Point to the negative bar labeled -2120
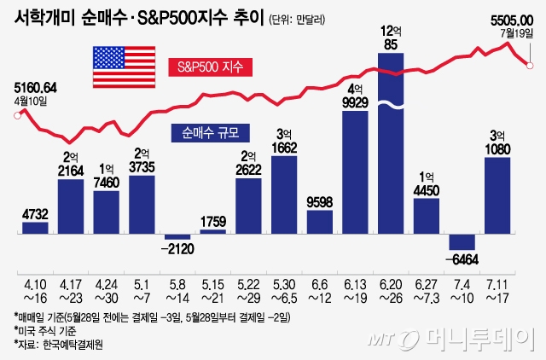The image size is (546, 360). pyautogui.click(x=177, y=236)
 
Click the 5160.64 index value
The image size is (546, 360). pyautogui.click(x=36, y=87)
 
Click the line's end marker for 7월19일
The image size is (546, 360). pyautogui.click(x=531, y=66)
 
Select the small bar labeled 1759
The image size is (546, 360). pyautogui.click(x=213, y=230)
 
